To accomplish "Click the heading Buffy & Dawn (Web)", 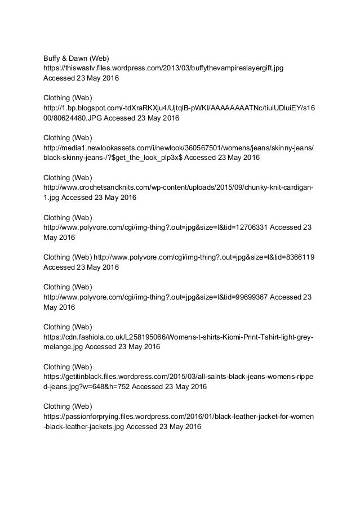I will [76, 57].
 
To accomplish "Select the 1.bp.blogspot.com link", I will [179, 107].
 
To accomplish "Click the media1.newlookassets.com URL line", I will [179, 148].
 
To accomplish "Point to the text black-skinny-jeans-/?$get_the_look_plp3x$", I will [113, 158].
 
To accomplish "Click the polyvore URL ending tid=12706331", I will [155, 227].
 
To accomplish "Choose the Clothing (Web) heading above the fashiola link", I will [68, 327].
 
